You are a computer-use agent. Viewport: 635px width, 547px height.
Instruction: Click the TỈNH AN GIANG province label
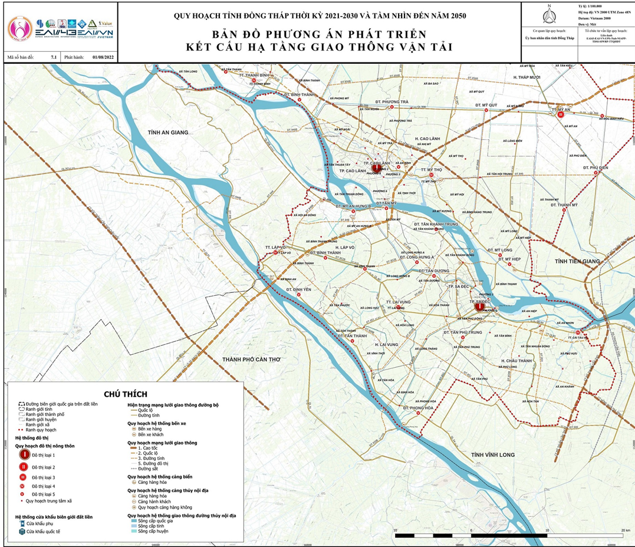point(168,133)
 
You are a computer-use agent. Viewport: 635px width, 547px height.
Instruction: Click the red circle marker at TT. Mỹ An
point(561,116)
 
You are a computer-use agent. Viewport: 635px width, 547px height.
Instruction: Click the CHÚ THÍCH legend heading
point(125,394)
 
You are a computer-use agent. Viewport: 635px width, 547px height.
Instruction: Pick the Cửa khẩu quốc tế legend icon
point(22,531)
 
